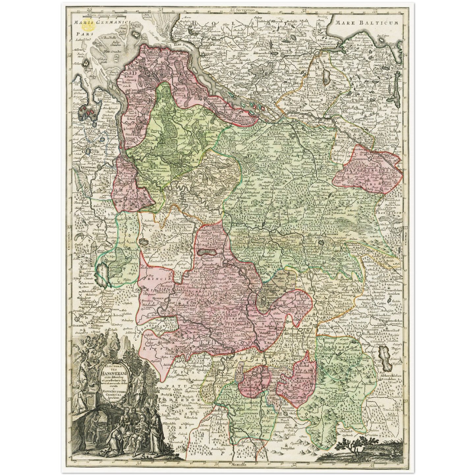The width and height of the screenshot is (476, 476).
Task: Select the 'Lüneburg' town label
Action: [x=282, y=140]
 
